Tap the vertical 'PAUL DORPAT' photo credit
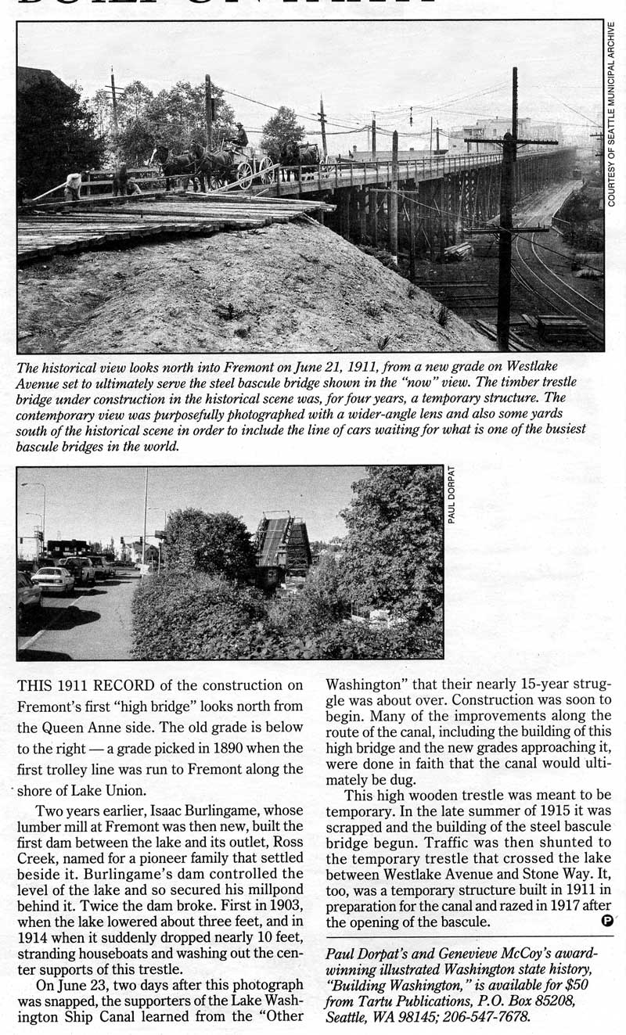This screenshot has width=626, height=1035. click(x=452, y=494)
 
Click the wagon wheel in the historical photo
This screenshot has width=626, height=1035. click(x=246, y=174)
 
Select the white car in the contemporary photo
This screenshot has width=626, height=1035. click(x=52, y=580)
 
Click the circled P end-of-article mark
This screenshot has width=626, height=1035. click(x=608, y=921)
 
